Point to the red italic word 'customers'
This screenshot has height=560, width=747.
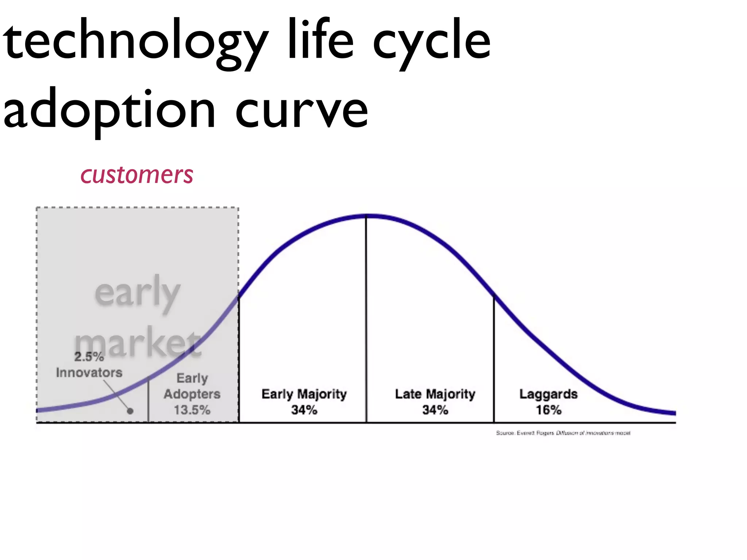coord(137,175)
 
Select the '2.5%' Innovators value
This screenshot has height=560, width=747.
coord(89,357)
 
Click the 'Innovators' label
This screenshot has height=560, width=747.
coord(89,373)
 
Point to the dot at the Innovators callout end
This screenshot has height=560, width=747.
coord(130,411)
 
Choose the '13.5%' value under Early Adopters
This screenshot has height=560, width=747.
coord(192,410)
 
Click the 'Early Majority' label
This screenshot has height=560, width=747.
coord(304,394)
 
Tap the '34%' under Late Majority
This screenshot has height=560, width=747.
coord(435,410)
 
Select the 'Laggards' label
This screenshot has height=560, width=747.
coord(548,394)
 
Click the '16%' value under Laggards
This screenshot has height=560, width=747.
coord(548,410)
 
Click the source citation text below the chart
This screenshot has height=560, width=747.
coord(563,433)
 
